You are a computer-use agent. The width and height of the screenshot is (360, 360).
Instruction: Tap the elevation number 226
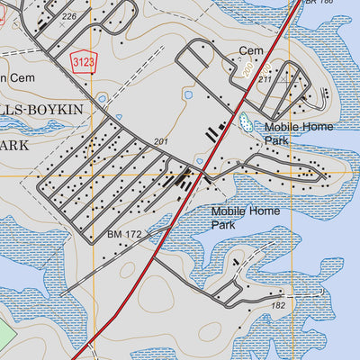(x=69, y=16)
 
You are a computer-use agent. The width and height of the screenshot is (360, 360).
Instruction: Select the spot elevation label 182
(x=277, y=306)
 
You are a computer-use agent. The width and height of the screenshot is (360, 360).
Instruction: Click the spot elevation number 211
(x=265, y=80)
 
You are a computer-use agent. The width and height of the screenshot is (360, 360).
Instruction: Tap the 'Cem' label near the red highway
(x=250, y=51)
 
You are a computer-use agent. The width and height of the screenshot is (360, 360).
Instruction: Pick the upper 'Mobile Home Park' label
(x=298, y=133)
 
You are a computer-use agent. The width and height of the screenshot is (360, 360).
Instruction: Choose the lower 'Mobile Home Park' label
(x=245, y=218)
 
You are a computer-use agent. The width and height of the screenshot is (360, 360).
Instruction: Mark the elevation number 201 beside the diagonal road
(x=161, y=142)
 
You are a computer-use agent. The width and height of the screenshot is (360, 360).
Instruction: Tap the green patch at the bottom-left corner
(x=7, y=337)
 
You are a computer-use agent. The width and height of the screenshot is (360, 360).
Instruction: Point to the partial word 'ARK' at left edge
(x=15, y=145)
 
